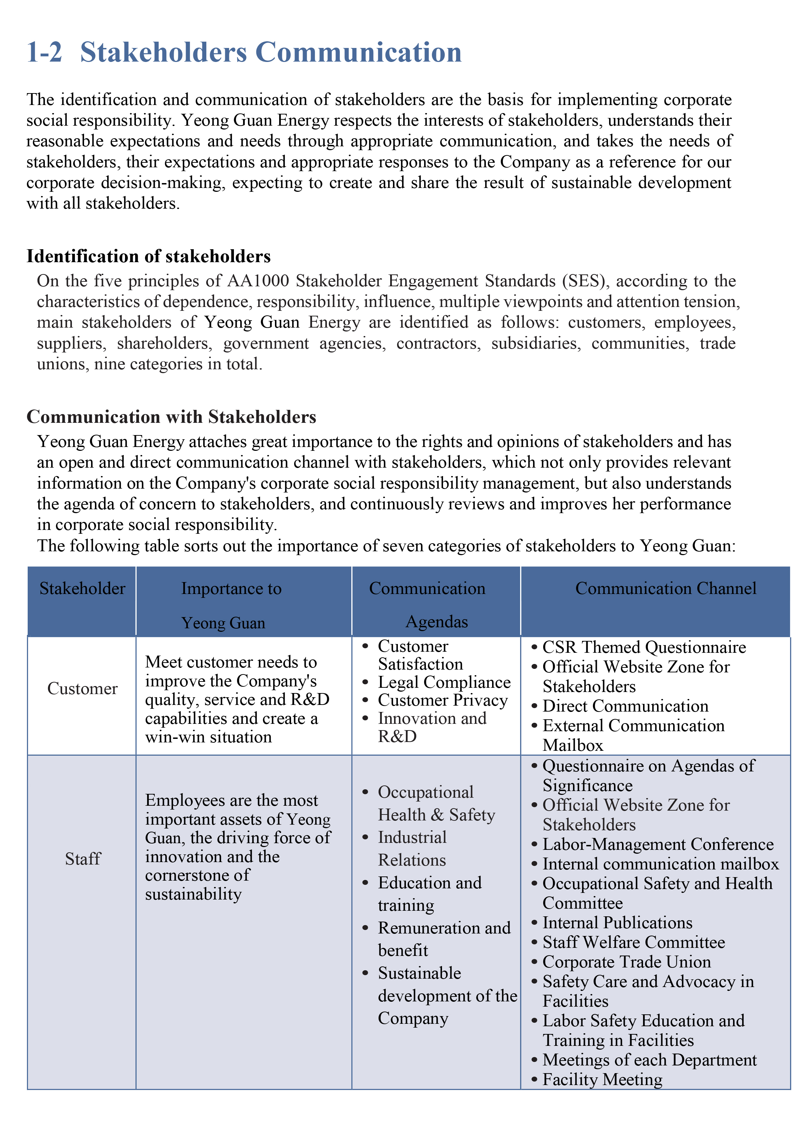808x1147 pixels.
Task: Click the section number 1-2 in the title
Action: [x=44, y=52]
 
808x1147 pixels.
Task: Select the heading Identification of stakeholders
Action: [x=149, y=256]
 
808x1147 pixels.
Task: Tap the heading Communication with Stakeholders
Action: [x=171, y=417]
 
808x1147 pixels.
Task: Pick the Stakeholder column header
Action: [x=82, y=588]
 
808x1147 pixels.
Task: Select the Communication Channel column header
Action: [x=665, y=588]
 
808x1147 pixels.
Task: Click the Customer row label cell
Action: [x=82, y=688]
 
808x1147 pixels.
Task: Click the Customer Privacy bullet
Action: [x=442, y=700]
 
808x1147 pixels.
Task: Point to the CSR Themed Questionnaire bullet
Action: [x=644, y=648]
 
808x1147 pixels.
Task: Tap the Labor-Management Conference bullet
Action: [x=658, y=844]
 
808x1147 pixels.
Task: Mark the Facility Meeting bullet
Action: [x=602, y=1079]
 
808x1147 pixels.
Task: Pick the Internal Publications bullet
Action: [x=617, y=923]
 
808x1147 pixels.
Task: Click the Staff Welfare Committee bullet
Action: [x=634, y=942]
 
